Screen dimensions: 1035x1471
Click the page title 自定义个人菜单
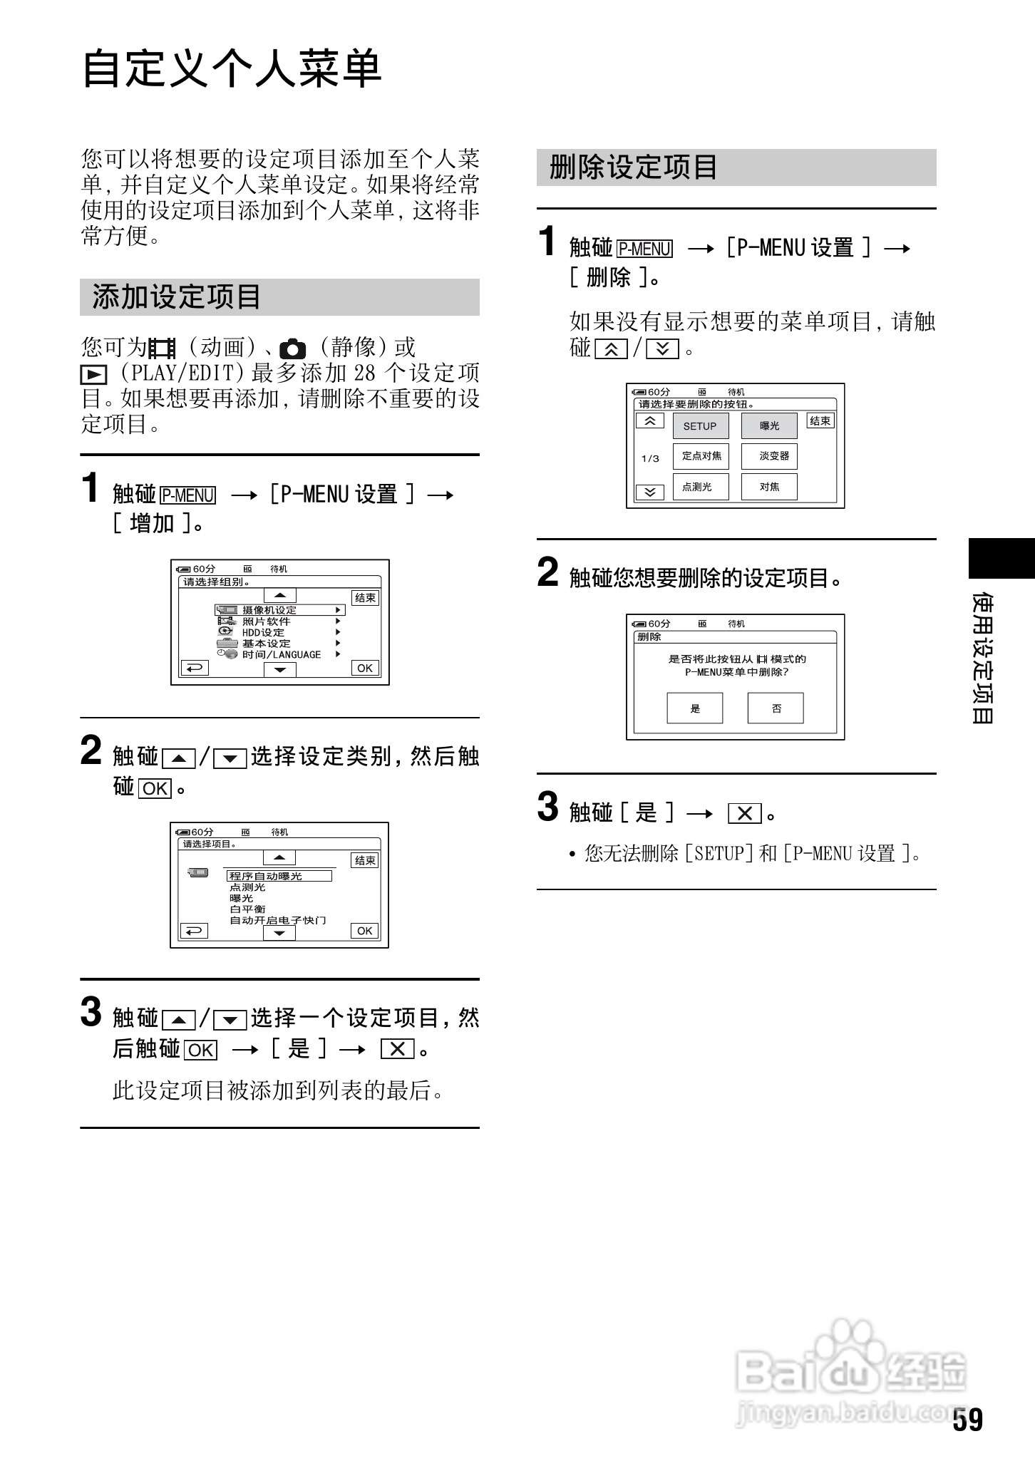(232, 70)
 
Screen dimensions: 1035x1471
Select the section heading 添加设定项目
(177, 297)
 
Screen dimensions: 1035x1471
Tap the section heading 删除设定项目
(633, 167)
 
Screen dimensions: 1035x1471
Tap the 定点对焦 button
(701, 456)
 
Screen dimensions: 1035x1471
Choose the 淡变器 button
(769, 456)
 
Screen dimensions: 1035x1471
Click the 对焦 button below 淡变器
(769, 487)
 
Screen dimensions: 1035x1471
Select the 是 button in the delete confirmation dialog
(695, 708)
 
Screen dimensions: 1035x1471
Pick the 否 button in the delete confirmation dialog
(776, 708)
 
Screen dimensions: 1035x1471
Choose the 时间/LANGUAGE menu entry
(281, 655)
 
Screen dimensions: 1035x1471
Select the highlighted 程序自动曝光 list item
(279, 876)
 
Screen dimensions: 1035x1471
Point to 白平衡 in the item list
(247, 909)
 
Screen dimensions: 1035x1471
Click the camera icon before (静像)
(292, 349)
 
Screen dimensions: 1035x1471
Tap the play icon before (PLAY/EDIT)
(93, 374)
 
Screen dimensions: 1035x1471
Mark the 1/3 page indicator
(650, 458)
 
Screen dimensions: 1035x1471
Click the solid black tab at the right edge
(1001, 558)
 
